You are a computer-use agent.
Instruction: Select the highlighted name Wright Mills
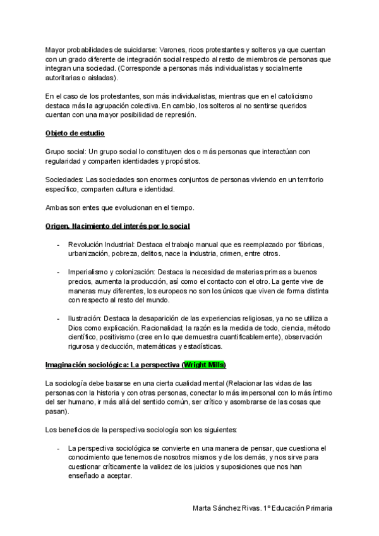[x=204, y=365]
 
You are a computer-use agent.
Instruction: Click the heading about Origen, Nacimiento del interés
[x=118, y=226]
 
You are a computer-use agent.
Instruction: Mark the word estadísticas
[x=201, y=346]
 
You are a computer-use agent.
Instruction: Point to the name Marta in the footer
[x=203, y=508]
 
